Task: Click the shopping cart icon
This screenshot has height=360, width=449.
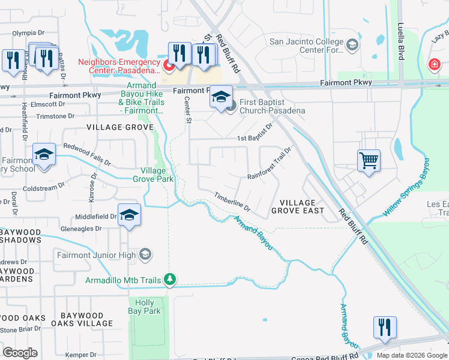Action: pos(369,160)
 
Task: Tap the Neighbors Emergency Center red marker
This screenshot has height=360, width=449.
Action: pos(169,65)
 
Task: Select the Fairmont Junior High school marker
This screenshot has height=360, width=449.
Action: pos(145,255)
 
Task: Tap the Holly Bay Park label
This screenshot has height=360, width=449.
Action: pos(145,307)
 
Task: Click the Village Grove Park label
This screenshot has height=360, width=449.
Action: pos(152,175)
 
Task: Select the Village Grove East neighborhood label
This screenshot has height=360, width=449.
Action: pos(297,206)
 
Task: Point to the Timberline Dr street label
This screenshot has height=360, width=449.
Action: pos(232,202)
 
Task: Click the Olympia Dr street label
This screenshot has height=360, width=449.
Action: pos(32,33)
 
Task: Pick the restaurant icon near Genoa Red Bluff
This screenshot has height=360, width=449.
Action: pos(384,326)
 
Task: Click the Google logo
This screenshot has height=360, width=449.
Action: pos(20,352)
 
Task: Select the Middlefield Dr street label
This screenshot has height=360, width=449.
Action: pos(95,217)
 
